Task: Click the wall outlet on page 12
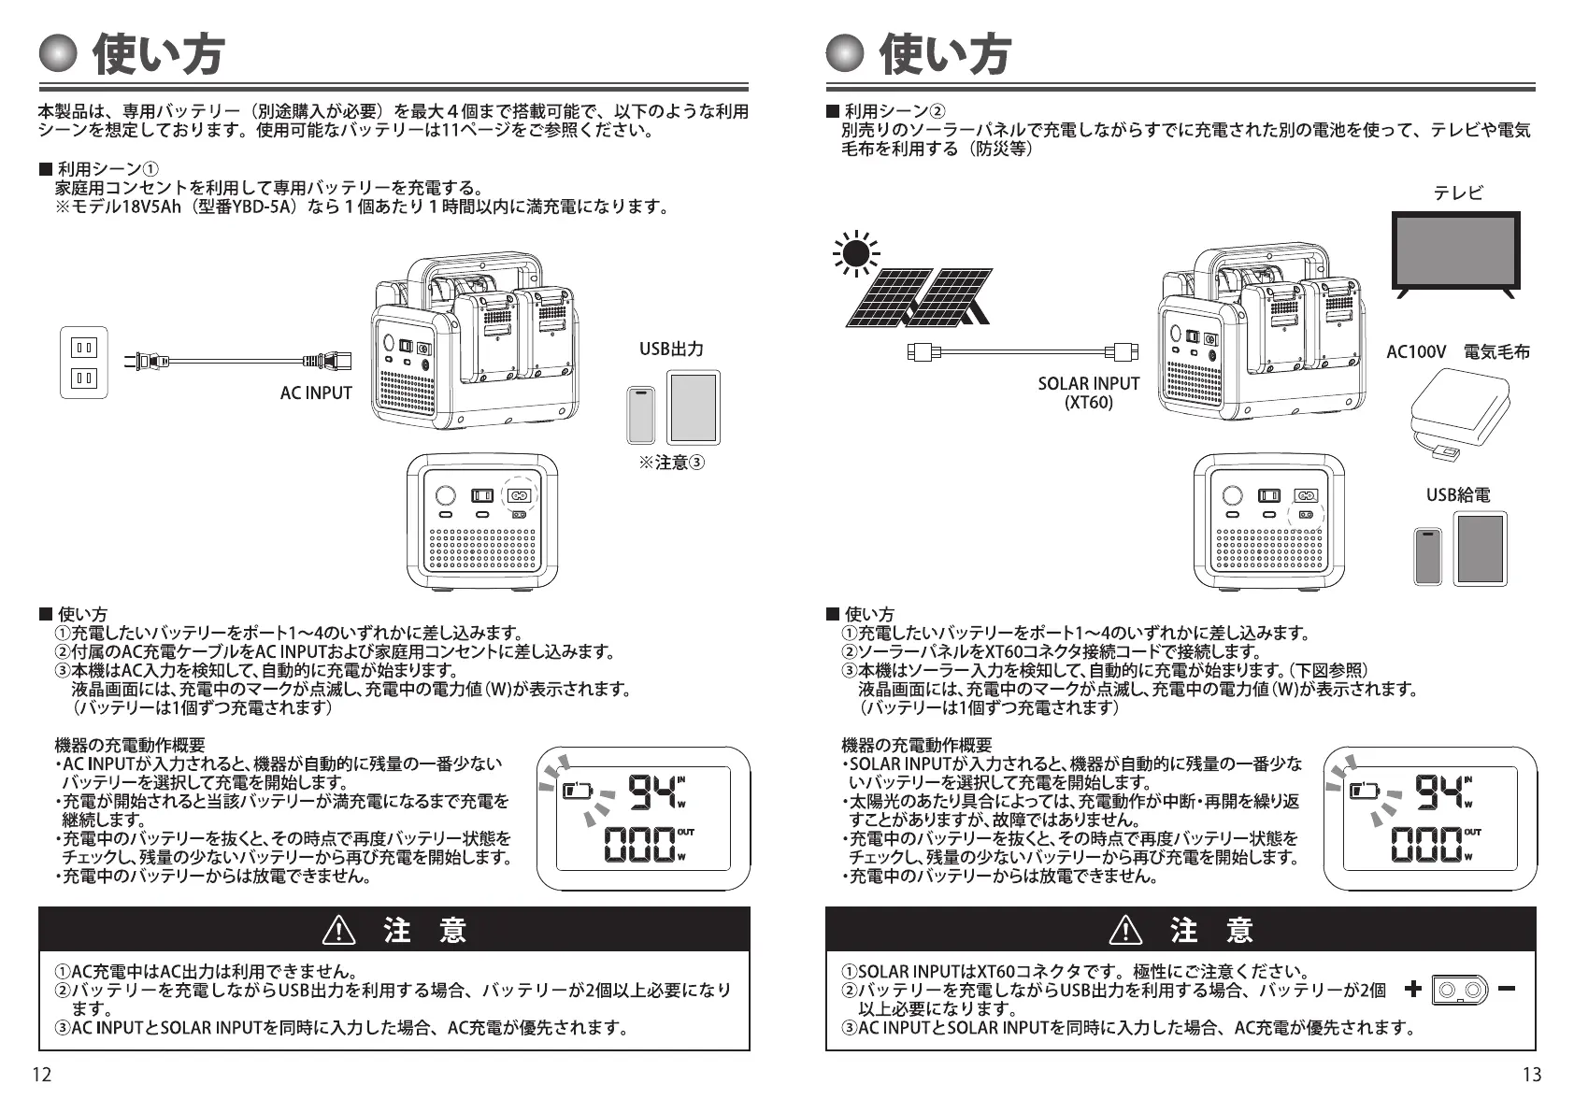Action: [84, 363]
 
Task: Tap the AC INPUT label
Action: [316, 393]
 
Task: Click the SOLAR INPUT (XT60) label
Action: [1088, 392]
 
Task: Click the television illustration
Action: [1455, 253]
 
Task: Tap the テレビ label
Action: [1458, 193]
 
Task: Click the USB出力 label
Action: [671, 350]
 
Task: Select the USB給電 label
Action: [1458, 495]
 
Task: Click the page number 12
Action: [42, 1075]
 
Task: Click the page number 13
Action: [1531, 1075]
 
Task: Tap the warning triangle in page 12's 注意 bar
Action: [337, 931]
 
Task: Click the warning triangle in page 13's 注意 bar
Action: [1125, 931]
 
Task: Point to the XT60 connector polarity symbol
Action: [1459, 990]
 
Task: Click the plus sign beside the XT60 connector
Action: [1412, 989]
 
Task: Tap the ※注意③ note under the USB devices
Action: [671, 463]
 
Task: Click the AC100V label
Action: [1415, 352]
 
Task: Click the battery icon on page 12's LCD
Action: [578, 792]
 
